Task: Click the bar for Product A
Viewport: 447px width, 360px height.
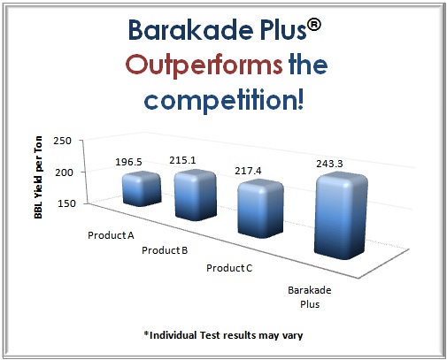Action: [142, 189]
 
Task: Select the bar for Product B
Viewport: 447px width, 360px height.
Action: [196, 195]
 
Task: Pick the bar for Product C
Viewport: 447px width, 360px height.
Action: [260, 210]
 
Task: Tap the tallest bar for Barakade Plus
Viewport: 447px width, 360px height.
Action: [341, 217]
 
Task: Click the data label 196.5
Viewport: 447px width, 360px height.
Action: [128, 162]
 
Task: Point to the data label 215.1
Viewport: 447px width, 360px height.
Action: [182, 160]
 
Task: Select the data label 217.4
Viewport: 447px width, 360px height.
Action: [248, 171]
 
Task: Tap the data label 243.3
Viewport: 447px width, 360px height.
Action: [329, 164]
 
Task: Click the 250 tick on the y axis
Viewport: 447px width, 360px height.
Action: [62, 141]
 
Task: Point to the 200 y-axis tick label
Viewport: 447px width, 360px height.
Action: [64, 172]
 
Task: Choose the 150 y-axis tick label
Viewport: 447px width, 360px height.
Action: [66, 203]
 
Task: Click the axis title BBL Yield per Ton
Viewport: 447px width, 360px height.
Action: [38, 177]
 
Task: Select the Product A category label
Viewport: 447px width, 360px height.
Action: [111, 235]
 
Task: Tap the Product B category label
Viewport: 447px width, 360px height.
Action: [165, 250]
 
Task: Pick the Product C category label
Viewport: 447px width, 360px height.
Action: [229, 268]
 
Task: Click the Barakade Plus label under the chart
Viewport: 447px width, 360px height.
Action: [310, 297]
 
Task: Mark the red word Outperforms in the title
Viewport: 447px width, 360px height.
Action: [204, 65]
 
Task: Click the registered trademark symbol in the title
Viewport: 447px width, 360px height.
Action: [314, 25]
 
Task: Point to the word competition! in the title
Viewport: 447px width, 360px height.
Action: [224, 100]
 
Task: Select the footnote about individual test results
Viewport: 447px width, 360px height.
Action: [223, 335]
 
